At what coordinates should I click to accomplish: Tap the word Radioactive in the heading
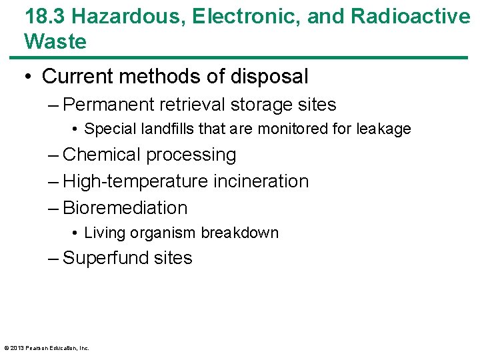411,16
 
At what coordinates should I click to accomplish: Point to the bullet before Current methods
29,77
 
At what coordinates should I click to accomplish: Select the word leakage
383,129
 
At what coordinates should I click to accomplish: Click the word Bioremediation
125,208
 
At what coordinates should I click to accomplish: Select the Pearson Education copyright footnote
47,348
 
